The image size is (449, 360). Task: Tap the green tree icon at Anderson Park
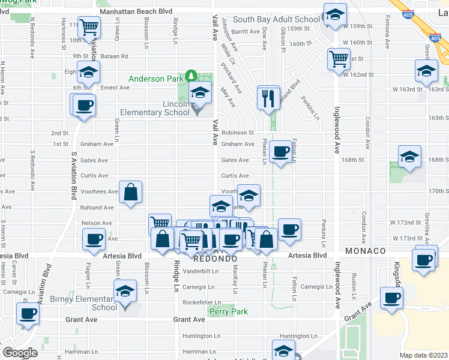[191, 76]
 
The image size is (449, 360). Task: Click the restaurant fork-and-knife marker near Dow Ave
[268, 97]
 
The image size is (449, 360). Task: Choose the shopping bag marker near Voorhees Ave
[130, 193]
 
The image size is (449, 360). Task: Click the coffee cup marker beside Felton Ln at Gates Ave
[280, 151]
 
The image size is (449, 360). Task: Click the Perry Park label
[228, 311]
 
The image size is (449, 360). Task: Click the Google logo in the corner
[20, 352]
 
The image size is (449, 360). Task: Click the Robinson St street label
[238, 133]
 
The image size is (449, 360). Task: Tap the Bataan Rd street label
[117, 56]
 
